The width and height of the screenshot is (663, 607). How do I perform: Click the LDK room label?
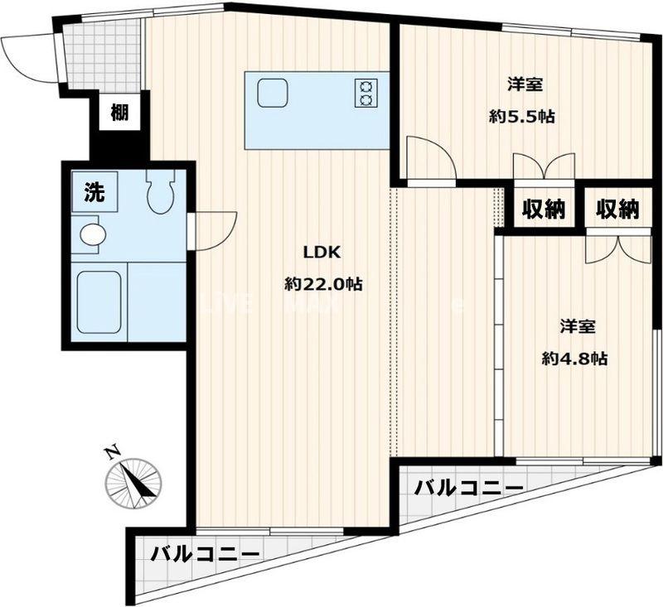[322, 253]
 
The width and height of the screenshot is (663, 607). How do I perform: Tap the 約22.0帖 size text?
[322, 284]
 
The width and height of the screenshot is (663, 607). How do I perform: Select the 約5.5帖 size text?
[521, 117]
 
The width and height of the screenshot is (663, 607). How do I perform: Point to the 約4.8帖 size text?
[574, 359]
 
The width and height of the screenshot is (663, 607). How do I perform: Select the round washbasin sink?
[92, 234]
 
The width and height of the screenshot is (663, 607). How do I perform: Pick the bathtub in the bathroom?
[99, 302]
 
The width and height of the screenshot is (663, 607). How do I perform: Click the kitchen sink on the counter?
[272, 92]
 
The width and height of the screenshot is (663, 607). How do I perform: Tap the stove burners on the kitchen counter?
[366, 92]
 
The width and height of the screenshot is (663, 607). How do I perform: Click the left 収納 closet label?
[543, 210]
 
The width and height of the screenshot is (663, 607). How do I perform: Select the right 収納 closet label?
[618, 210]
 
